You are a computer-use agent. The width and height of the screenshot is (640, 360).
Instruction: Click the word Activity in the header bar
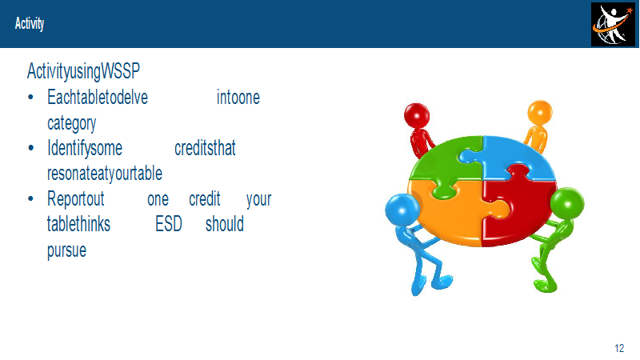(30, 24)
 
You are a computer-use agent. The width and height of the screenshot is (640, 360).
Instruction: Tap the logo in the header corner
(613, 25)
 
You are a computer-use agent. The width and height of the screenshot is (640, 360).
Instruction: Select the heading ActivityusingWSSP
(83, 71)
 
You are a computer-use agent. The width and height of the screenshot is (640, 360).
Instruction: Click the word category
(72, 123)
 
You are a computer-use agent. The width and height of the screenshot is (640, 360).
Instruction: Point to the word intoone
(238, 98)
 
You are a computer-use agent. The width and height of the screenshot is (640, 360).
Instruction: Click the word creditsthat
(205, 148)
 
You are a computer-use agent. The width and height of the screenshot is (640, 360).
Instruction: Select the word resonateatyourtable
(105, 174)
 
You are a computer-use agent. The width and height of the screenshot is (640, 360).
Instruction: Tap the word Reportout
(76, 199)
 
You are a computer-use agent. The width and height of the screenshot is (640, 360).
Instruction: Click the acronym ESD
(169, 224)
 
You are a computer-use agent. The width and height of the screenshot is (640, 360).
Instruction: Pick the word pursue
(66, 250)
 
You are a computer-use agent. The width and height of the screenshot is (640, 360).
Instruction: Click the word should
(225, 224)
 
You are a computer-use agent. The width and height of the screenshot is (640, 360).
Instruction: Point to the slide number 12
(619, 348)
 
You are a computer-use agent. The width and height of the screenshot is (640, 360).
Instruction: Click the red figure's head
(417, 115)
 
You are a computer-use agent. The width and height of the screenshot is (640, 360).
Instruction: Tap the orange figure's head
(539, 112)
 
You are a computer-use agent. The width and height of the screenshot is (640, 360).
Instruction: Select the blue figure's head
(402, 210)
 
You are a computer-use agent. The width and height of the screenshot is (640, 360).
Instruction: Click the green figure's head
(567, 204)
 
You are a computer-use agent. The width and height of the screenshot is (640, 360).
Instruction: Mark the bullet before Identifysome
(30, 148)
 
